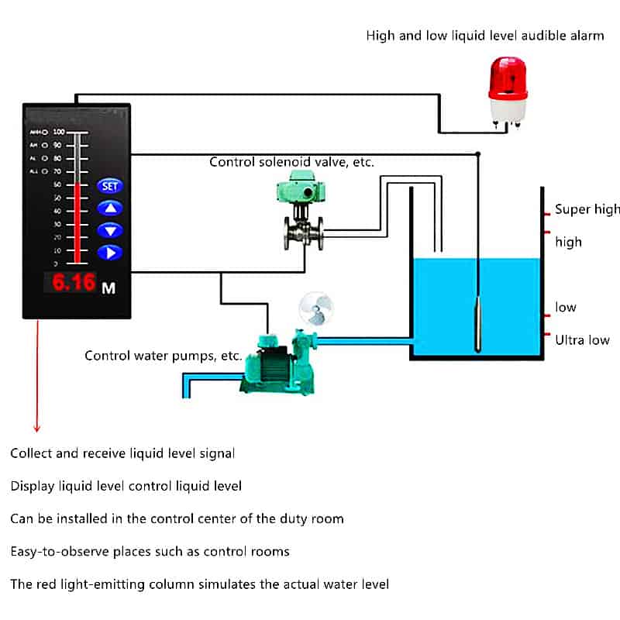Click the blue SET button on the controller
109,186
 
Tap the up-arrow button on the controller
109,208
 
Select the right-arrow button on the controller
109,252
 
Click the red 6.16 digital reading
74,283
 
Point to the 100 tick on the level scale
59,132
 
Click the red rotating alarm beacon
508,87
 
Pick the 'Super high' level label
587,209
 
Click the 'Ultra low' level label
582,339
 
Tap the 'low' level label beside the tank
566,308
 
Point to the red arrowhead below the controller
36,429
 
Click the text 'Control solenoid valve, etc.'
291,162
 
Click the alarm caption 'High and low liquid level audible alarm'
484,36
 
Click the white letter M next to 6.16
108,288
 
